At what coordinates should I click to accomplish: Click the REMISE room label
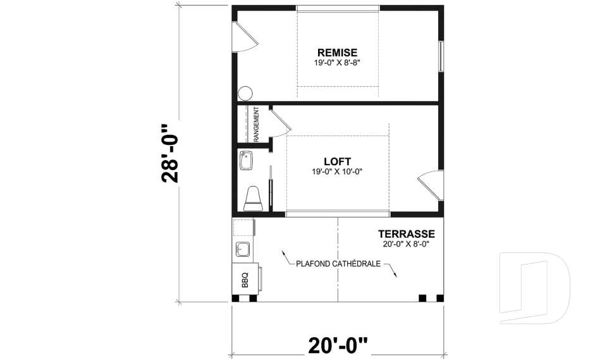click(x=337, y=53)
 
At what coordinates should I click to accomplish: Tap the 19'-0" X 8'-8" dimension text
click(x=337, y=63)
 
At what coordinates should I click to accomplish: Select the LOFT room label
click(x=337, y=161)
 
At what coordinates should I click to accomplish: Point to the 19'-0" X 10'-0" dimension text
click(x=337, y=171)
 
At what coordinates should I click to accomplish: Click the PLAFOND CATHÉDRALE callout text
click(x=338, y=263)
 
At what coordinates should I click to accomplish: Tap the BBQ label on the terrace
click(x=245, y=278)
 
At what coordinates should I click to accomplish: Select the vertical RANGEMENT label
click(x=257, y=124)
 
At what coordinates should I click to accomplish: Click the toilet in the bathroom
click(x=253, y=198)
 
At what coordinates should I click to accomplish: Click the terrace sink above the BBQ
click(x=243, y=248)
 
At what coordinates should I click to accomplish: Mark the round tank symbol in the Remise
click(x=245, y=93)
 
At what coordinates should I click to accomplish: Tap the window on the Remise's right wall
click(x=441, y=57)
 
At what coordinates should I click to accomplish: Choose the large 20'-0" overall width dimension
click(x=338, y=346)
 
